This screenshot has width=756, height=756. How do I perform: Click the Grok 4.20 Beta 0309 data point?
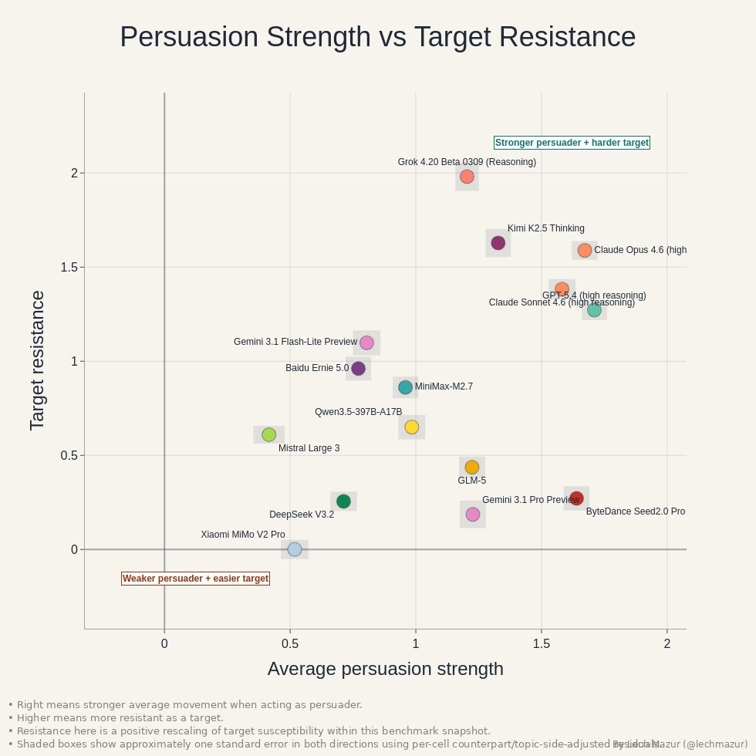coord(467,177)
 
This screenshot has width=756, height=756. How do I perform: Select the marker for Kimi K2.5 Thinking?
coord(498,243)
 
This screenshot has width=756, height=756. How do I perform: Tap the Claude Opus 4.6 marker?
coord(585,250)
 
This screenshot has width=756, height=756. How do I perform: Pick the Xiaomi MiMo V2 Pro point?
coord(294,549)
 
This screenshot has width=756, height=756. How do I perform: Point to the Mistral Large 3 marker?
coord(268,435)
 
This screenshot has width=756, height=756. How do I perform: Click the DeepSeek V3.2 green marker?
coord(343,501)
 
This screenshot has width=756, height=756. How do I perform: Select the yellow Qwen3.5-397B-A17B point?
coord(412,427)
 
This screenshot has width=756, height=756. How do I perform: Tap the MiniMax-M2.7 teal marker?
coord(406,387)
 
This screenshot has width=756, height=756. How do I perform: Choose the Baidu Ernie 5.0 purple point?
coord(358,369)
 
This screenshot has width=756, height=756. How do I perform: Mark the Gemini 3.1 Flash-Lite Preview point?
coord(366,343)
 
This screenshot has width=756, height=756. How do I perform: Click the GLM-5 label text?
coord(472,481)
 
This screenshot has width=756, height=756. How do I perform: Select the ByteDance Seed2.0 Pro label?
coord(635,511)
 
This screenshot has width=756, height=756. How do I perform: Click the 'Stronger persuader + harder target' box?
coord(572,143)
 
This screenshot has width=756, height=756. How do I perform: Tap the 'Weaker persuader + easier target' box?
coord(196,579)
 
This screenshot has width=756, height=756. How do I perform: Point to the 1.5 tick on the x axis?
coord(542,643)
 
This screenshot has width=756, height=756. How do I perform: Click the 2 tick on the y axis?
coord(75,173)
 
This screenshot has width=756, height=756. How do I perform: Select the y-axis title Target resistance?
coord(37,360)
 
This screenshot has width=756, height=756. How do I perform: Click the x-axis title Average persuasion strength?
coord(385,669)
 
